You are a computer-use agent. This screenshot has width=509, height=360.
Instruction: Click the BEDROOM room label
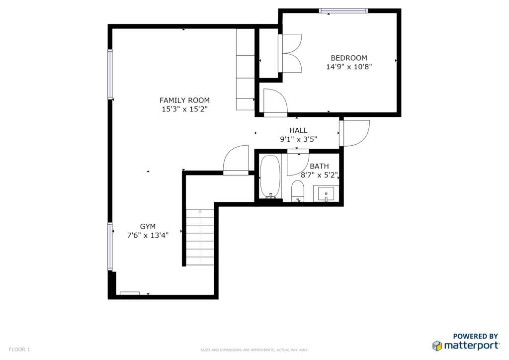coord(349,58)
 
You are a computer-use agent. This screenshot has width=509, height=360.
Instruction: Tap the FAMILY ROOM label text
coord(184,100)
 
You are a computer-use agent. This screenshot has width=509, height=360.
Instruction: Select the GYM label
coord(148,227)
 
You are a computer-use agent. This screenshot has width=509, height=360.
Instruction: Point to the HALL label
coord(298,130)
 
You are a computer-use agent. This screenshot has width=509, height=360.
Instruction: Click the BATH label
coord(319,166)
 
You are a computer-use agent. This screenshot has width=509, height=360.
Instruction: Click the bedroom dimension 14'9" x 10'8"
coord(349,67)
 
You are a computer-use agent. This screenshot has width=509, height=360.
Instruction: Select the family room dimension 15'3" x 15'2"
coord(184,109)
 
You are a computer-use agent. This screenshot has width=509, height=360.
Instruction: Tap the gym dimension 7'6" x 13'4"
coord(148,235)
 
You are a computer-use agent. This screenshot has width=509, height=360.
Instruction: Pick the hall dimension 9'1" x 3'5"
coord(298,139)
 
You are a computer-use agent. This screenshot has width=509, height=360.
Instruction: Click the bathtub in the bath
coord(270,177)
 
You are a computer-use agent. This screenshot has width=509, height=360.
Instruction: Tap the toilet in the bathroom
coord(297,191)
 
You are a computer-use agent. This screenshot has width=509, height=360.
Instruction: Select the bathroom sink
coord(326,194)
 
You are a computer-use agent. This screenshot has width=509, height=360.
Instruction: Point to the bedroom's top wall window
coord(343,11)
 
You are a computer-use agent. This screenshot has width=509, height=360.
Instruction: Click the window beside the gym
coord(110,247)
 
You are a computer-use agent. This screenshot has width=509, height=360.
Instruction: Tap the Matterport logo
coord(466,342)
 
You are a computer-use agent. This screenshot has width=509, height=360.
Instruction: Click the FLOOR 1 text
coord(19,350)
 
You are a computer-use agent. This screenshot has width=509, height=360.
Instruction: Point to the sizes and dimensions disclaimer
coord(254,350)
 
